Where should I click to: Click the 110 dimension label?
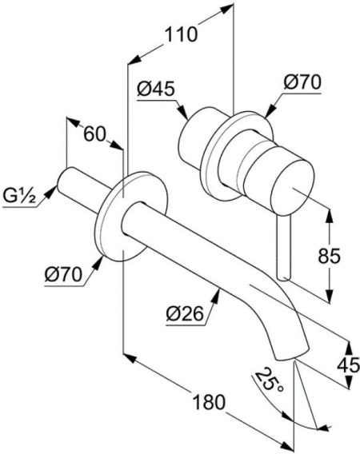tap(181, 34)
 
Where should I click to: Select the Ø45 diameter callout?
tap(156, 89)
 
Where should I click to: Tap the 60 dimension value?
tap(94, 134)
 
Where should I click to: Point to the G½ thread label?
tap(19, 196)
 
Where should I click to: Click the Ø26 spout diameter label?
tap(185, 313)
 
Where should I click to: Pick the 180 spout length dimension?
tap(209, 402)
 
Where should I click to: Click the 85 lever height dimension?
tap(329, 256)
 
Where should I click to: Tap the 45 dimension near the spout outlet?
tap(349, 365)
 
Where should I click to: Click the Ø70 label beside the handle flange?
tap(302, 82)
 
